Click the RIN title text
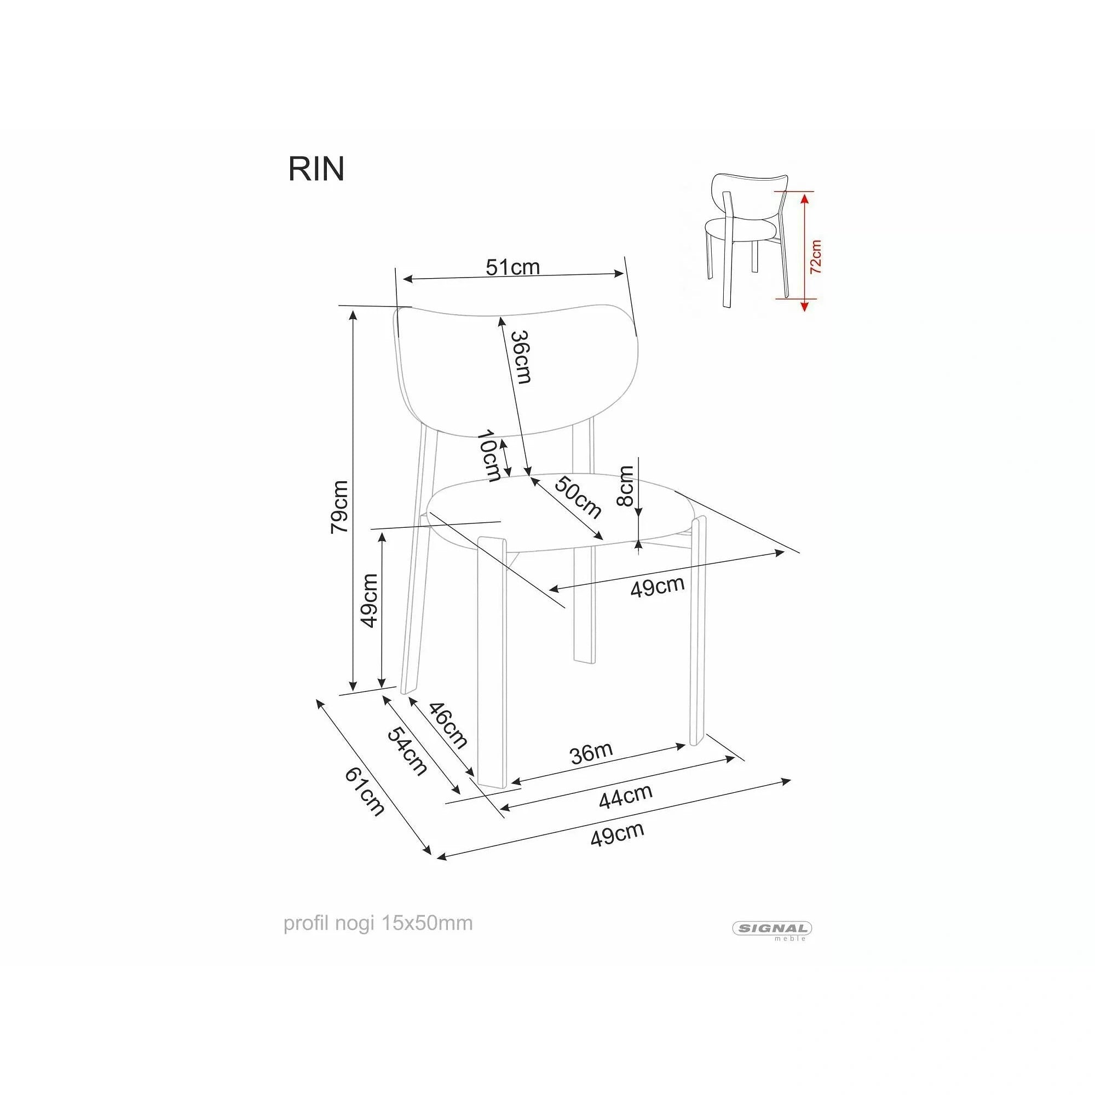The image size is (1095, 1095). click(x=316, y=169)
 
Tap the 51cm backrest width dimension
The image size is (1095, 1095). click(x=513, y=267)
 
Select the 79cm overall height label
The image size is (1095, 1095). click(x=339, y=506)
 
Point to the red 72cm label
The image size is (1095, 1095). click(x=816, y=257)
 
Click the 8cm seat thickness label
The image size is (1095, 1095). click(x=626, y=486)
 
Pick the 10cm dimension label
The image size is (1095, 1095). click(x=488, y=455)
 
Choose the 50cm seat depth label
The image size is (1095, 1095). click(x=578, y=498)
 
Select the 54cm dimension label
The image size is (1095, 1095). click(x=407, y=751)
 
